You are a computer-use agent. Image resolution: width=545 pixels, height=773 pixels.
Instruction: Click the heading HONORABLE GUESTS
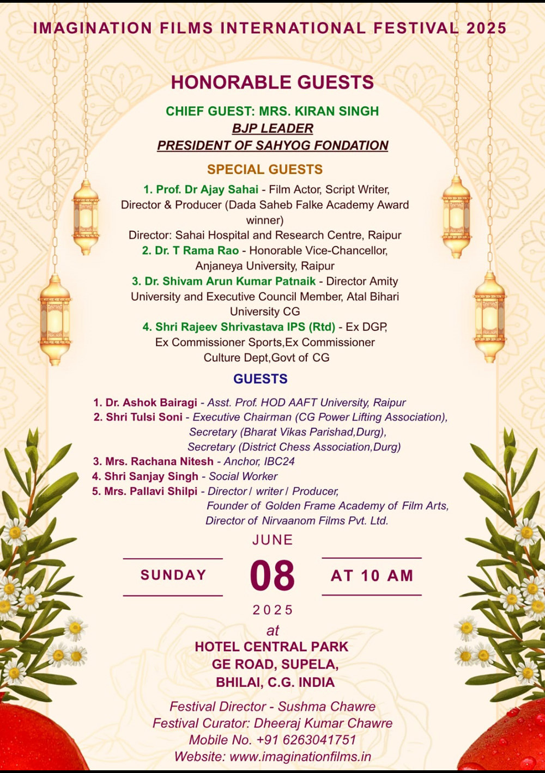(x=272, y=82)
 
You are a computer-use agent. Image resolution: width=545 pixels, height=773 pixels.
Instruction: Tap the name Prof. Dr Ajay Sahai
(x=207, y=189)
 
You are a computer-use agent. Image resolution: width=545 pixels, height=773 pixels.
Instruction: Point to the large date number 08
(x=272, y=576)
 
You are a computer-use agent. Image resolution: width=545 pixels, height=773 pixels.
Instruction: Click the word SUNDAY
(x=173, y=575)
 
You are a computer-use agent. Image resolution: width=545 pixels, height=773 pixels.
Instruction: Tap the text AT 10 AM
(x=372, y=576)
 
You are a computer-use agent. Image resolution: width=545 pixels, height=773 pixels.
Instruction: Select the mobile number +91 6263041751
(x=306, y=740)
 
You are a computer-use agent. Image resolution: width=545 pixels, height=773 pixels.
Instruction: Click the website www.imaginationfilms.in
(x=300, y=757)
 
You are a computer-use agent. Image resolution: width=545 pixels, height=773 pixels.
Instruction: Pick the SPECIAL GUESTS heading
(x=265, y=169)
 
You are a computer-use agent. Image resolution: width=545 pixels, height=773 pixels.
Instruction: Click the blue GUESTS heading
(x=261, y=379)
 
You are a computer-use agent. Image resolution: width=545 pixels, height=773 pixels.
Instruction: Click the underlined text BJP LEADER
(x=272, y=128)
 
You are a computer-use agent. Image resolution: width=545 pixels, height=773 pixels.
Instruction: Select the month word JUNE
(x=272, y=540)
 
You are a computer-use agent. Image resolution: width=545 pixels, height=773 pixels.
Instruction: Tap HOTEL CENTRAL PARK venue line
(x=271, y=647)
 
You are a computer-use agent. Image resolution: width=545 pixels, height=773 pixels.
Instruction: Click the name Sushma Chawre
(x=326, y=707)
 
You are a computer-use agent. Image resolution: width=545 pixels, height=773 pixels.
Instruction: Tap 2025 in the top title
(x=486, y=28)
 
